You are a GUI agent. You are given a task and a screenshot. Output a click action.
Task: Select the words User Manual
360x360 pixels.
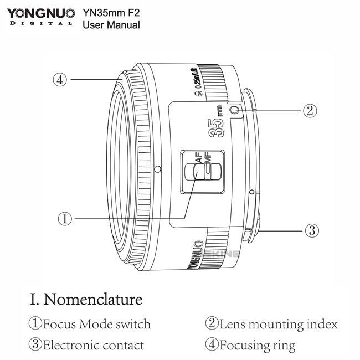click(x=111, y=24)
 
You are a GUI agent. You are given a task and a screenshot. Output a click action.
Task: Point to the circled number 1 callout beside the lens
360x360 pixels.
click(x=65, y=219)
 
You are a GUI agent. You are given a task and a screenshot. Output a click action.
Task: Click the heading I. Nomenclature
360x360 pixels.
click(x=86, y=300)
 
